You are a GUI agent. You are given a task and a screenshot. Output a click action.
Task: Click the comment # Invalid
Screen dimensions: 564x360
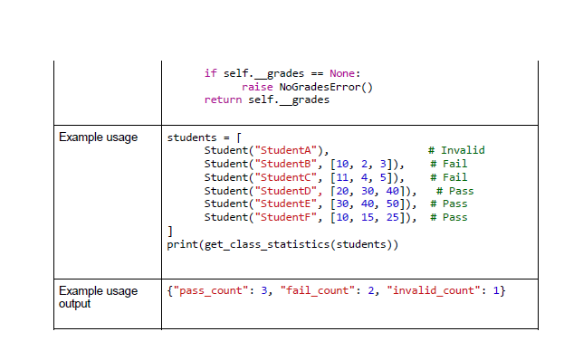[x=457, y=150]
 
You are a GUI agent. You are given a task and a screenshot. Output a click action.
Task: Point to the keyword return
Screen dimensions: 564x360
[x=223, y=99]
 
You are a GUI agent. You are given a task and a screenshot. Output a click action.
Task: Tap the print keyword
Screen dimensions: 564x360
[x=182, y=244]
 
